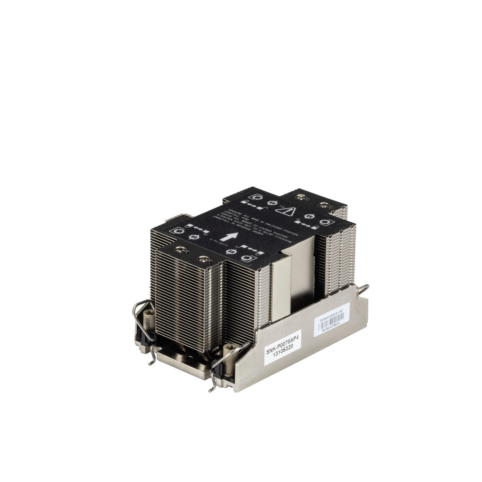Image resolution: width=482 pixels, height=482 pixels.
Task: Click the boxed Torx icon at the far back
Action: click(x=254, y=197)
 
